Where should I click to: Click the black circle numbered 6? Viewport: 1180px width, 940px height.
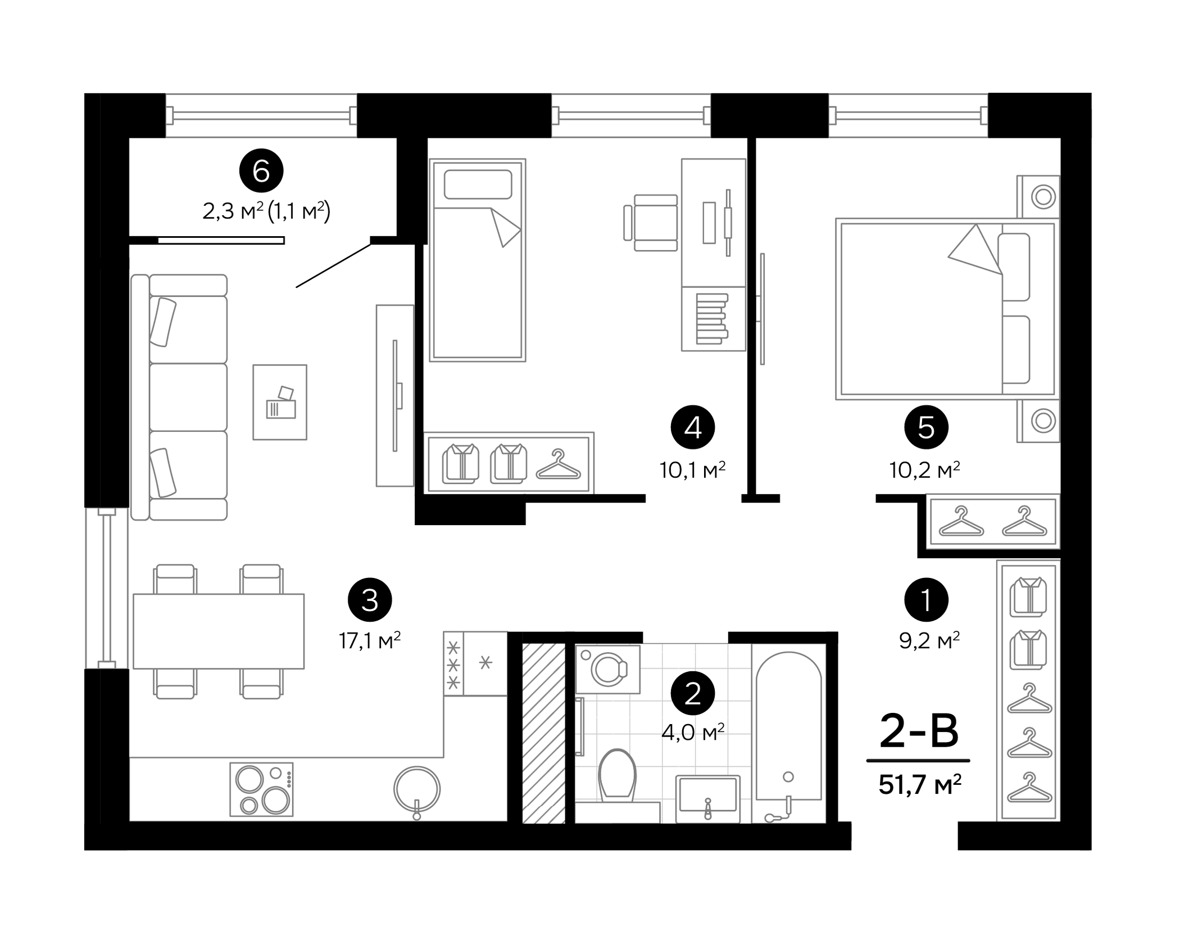coord(261,171)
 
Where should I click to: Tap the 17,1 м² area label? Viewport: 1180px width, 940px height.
coord(370,640)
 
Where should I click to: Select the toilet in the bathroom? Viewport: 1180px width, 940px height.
coord(617,775)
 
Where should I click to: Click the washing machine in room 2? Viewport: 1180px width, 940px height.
coord(608,670)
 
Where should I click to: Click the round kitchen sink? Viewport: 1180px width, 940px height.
coord(417,789)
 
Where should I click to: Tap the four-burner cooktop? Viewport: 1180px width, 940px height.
coord(262,789)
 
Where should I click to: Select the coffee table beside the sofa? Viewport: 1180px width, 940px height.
coord(280,402)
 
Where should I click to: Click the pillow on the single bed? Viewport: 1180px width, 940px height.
coord(478,184)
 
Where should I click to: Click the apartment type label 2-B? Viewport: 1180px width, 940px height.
coord(919,731)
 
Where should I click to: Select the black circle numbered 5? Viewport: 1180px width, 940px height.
coord(926,428)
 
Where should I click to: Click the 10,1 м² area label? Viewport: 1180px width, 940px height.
coord(693,470)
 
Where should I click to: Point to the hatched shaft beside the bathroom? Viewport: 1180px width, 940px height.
coord(543,733)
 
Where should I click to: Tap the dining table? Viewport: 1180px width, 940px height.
coord(219,631)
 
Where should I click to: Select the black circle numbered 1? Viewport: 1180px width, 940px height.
coord(926,599)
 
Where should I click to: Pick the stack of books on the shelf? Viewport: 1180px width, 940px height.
coord(712,319)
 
